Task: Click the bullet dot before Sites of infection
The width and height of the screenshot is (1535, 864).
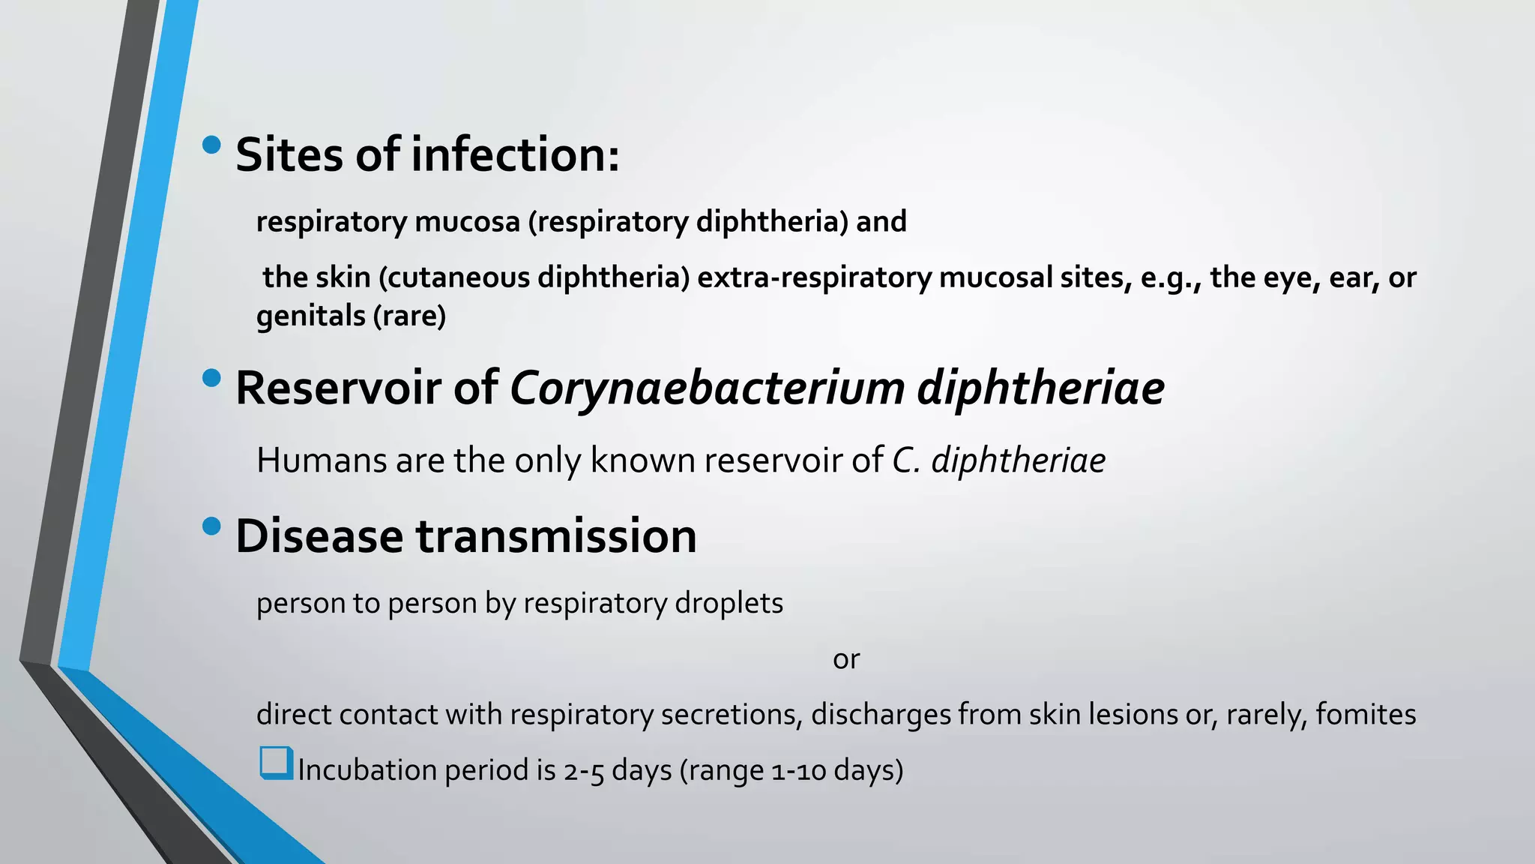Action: [212, 145]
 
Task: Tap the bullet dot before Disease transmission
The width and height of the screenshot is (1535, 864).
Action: [212, 526]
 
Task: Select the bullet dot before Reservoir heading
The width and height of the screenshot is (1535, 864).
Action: [212, 378]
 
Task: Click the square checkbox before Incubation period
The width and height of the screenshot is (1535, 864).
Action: [276, 763]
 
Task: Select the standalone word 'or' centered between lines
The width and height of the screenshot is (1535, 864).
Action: [846, 659]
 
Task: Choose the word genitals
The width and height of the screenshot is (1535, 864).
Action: [311, 316]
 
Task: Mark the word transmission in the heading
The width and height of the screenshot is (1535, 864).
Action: [556, 536]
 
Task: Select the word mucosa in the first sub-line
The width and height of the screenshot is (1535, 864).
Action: [467, 222]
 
